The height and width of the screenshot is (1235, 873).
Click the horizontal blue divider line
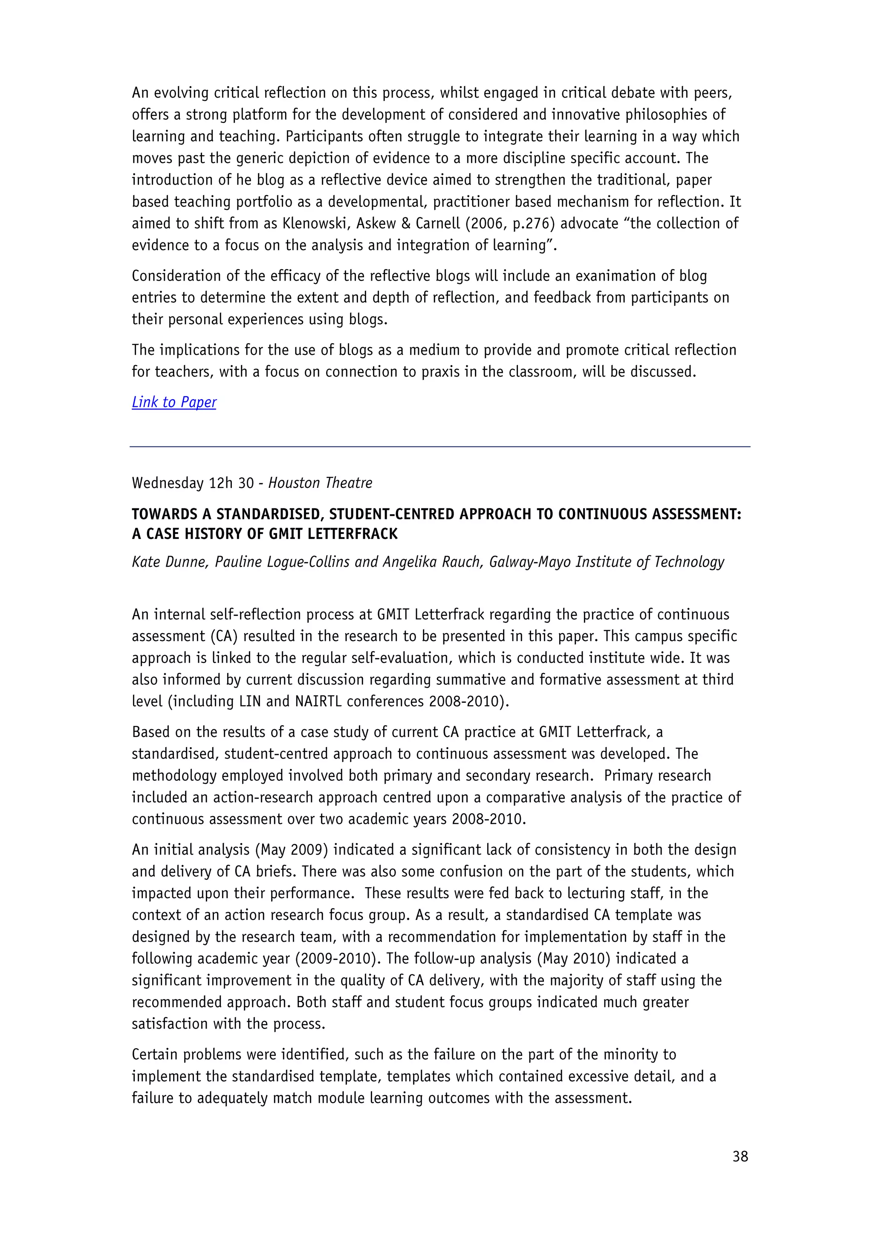point(440,446)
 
